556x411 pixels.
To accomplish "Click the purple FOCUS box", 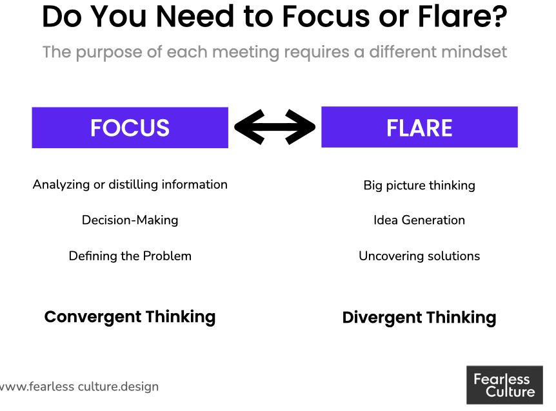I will [x=130, y=128].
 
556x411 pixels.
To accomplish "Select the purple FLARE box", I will [x=419, y=128].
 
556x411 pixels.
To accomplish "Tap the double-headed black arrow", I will [x=274, y=127].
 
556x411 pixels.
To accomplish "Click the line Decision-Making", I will [x=130, y=220].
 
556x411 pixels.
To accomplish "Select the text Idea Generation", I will [x=419, y=220].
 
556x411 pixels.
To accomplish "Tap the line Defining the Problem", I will [x=130, y=256].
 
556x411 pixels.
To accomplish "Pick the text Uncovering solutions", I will [x=419, y=256].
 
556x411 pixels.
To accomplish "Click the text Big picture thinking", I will [x=419, y=186].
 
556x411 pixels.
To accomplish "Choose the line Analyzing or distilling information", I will [x=130, y=185].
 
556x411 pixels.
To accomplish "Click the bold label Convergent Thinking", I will [x=130, y=317].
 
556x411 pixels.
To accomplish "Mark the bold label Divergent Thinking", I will [x=419, y=318].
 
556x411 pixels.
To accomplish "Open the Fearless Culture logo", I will [x=504, y=385].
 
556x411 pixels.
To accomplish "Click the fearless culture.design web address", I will [x=79, y=387].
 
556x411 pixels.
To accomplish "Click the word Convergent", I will [x=92, y=317].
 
